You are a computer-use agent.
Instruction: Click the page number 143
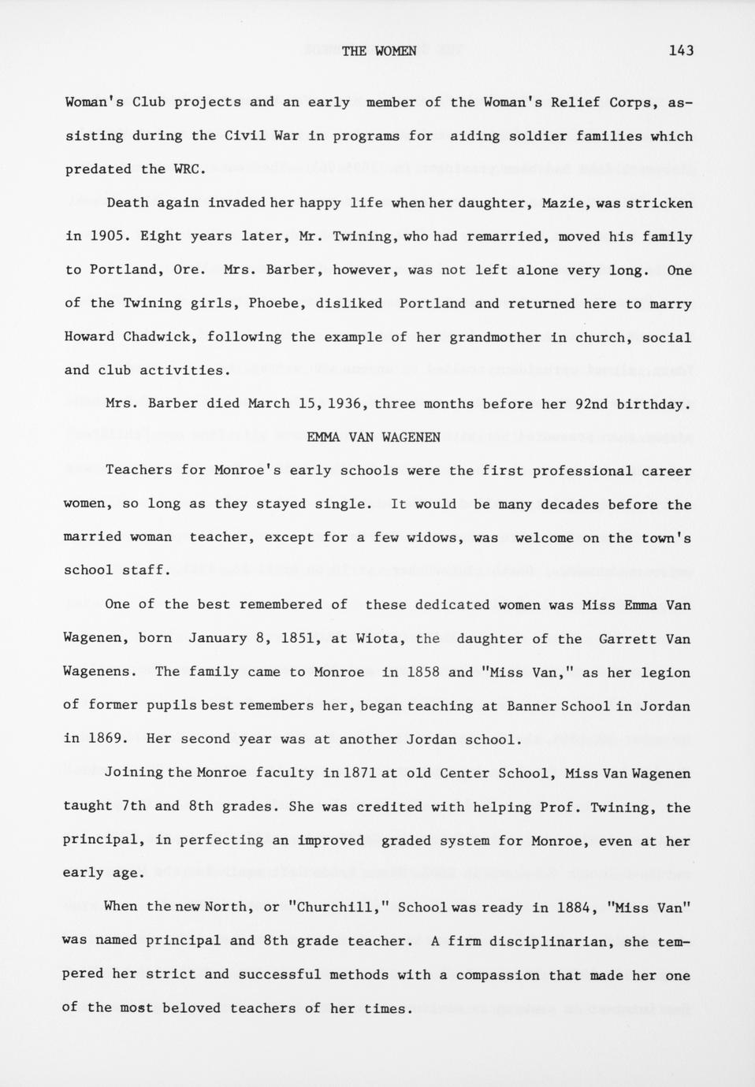coord(680,51)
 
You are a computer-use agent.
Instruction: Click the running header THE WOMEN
coord(379,51)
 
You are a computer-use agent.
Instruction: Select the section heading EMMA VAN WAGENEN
coord(374,437)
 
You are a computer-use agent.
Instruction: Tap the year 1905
coord(106,236)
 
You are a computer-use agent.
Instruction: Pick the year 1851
coord(299,639)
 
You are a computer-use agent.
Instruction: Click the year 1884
coord(571,907)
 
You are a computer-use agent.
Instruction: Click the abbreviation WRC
coord(189,169)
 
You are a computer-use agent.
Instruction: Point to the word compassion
coord(498,975)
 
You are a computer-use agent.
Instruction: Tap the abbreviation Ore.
coord(188,270)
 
